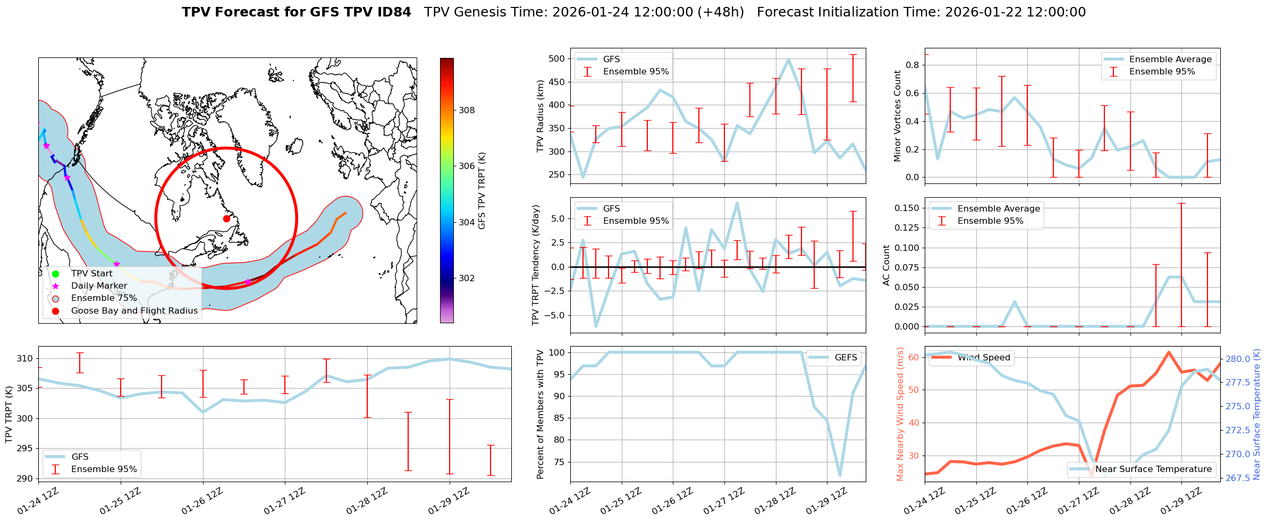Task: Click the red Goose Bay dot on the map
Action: [x=226, y=218]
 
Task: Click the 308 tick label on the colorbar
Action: [x=467, y=110]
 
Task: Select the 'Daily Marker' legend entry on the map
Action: [x=99, y=286]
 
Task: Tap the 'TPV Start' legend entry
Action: [x=91, y=274]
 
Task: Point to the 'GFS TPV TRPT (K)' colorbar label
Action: [x=482, y=191]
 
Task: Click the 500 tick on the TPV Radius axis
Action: [x=556, y=59]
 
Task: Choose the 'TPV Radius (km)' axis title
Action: [x=540, y=116]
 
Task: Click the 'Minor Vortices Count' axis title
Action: [x=898, y=116]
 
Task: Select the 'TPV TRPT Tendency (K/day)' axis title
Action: [x=536, y=265]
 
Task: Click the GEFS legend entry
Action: [x=846, y=358]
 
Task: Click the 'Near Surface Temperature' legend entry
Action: [x=1153, y=469]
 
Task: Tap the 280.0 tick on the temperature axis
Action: [x=1238, y=359]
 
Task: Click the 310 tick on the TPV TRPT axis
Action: [x=25, y=358]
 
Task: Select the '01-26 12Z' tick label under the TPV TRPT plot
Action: [x=201, y=501]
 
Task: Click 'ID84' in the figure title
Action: [x=393, y=12]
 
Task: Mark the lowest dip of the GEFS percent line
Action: [x=840, y=476]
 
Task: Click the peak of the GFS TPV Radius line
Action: [x=789, y=60]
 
